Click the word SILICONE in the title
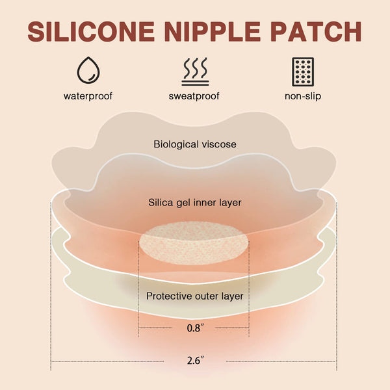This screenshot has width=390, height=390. [91, 32]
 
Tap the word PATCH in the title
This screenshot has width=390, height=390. [316, 32]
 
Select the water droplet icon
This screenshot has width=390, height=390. [88, 70]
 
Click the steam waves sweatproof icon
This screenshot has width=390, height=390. [195, 71]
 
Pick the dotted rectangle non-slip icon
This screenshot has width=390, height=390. [303, 72]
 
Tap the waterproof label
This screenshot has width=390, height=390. [88, 96]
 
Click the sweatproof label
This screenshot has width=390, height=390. [194, 96]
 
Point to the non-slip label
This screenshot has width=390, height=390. [303, 96]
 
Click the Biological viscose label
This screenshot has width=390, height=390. [195, 144]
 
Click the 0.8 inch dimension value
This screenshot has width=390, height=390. [196, 328]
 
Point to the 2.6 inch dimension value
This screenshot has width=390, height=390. [196, 360]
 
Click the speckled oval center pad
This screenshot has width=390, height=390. [194, 243]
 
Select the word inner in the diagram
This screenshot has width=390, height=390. [205, 202]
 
